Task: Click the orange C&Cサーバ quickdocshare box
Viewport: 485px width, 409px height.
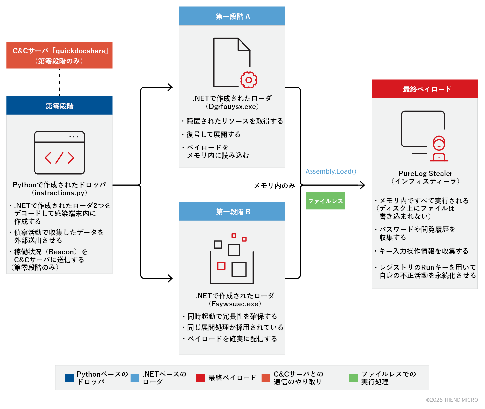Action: pos(59,55)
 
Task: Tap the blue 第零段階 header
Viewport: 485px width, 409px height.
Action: pos(59,106)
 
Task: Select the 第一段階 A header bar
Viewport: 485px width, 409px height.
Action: pos(232,16)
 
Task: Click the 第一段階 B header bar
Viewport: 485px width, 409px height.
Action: pos(232,212)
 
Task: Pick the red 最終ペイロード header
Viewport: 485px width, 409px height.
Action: pos(425,89)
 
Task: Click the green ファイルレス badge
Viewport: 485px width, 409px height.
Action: pos(325,201)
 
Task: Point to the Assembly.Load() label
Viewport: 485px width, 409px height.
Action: pos(331,171)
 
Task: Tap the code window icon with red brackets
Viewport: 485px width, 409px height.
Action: pos(60,153)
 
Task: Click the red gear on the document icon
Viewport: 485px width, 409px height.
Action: pos(249,80)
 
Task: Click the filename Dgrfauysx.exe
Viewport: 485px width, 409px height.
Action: pos(232,107)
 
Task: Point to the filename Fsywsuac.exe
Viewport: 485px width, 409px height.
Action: pos(235,304)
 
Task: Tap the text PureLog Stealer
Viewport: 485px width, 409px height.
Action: pos(425,173)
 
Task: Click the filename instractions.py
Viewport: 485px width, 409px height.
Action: pos(59,193)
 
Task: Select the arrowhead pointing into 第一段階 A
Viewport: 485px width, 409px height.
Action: pos(170,88)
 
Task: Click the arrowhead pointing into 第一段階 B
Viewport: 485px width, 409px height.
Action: pos(170,278)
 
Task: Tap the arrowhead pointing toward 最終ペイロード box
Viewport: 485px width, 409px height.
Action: pos(363,185)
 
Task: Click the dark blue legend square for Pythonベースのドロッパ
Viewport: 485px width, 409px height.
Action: pos(69,378)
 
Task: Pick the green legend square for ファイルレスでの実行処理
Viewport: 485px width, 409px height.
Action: pos(353,378)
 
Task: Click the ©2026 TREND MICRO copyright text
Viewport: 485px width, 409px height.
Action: pos(452,400)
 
